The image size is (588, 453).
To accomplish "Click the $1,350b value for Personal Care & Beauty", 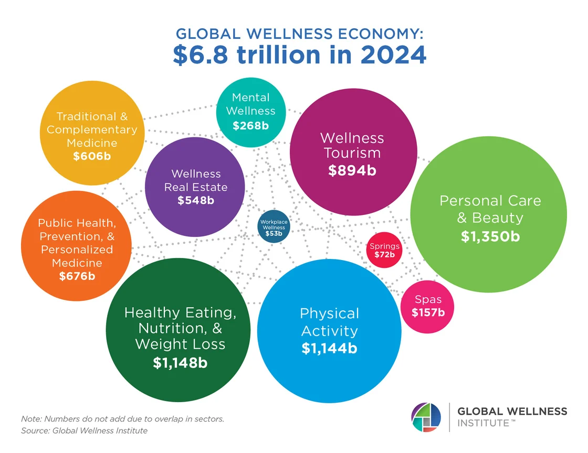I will point(490,236).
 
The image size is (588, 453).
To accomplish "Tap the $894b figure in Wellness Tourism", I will point(352,170).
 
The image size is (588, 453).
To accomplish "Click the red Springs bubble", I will point(384,250).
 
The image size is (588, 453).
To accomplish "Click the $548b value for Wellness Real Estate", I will point(196,200).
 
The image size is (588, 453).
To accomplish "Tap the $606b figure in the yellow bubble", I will point(92,156).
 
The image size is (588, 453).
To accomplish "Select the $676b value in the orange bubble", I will point(77,276).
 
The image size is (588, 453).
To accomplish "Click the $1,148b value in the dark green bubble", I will point(180,362).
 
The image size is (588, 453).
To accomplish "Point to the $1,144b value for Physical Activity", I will point(329,348).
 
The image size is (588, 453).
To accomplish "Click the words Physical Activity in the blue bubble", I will point(329,322).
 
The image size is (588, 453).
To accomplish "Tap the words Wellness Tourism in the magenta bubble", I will point(352,145).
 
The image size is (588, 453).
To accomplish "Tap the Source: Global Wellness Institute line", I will point(85,431).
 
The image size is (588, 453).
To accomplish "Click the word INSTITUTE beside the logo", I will point(483,423).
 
